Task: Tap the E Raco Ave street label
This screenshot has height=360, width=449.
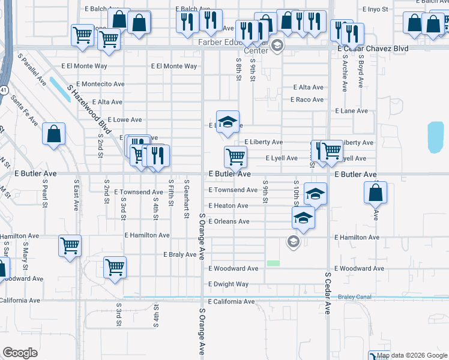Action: (307, 100)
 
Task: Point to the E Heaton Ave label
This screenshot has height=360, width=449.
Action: (228, 206)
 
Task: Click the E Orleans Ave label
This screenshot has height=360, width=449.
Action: (229, 221)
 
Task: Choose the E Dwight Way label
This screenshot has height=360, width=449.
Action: (228, 284)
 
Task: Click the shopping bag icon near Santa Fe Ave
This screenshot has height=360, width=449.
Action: (54, 134)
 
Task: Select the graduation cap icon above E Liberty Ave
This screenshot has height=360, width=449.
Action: (228, 122)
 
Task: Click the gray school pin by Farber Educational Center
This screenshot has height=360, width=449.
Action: (277, 46)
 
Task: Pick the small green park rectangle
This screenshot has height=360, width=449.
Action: (274, 263)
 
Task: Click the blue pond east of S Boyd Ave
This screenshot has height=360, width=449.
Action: (435, 137)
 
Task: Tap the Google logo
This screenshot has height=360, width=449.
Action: (20, 353)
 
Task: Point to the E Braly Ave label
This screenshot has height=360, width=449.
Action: (180, 254)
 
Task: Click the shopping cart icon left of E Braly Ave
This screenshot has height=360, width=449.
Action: (115, 267)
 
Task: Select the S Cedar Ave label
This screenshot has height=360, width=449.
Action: (328, 294)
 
